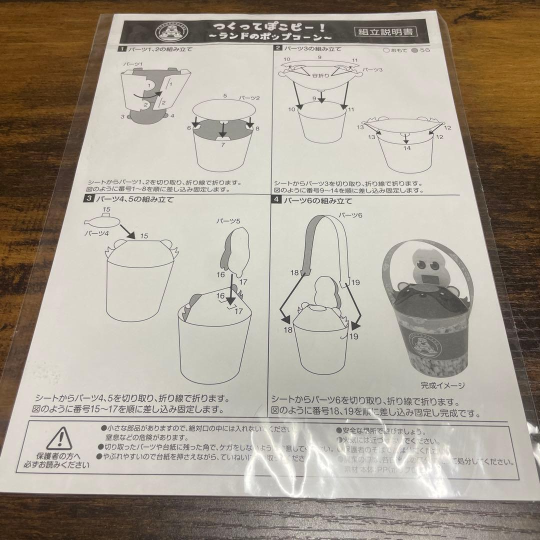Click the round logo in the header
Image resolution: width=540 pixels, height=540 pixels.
(x=164, y=33)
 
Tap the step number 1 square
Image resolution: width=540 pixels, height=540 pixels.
(x=121, y=49)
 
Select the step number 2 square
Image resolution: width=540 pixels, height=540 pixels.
(x=277, y=48)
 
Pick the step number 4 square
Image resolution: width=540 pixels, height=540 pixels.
(x=275, y=200)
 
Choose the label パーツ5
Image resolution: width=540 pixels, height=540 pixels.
(x=229, y=220)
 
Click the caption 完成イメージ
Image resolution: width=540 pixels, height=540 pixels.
(x=442, y=385)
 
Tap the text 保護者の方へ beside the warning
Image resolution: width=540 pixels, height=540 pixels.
(x=59, y=456)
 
